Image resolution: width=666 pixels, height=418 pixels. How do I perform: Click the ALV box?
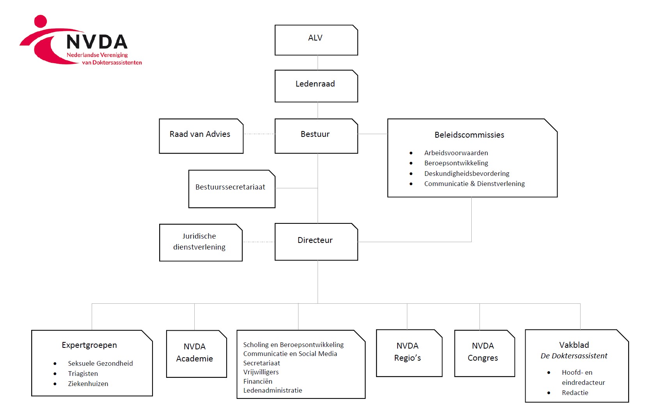click(x=316, y=40)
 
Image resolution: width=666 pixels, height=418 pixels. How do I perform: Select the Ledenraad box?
click(x=316, y=86)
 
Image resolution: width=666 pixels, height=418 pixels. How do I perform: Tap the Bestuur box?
click(x=316, y=136)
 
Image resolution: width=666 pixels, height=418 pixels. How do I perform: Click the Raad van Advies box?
click(x=201, y=136)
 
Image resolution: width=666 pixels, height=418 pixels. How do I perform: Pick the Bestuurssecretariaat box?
click(x=231, y=189)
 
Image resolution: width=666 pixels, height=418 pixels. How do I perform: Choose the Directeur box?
click(x=316, y=241)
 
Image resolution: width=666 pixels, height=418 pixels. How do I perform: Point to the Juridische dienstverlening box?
click(x=201, y=242)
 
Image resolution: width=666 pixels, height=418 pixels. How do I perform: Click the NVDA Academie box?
click(x=196, y=353)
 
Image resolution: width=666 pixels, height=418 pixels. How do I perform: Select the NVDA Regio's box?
click(x=409, y=352)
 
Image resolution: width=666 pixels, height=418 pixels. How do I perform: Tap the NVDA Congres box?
click(x=484, y=352)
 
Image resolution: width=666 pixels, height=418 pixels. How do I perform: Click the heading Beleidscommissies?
click(x=469, y=135)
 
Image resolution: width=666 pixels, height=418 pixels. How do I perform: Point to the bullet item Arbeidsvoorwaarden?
click(x=456, y=153)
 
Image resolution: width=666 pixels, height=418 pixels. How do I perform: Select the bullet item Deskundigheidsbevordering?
click(x=467, y=174)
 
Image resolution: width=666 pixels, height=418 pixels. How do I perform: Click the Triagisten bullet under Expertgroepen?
click(x=83, y=374)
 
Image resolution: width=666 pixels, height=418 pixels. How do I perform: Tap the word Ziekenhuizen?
click(x=88, y=384)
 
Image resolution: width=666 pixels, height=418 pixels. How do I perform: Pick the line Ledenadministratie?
click(x=273, y=390)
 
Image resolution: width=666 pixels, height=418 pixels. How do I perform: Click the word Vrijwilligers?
click(x=261, y=372)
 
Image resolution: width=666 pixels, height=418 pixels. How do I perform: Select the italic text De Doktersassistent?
click(x=574, y=356)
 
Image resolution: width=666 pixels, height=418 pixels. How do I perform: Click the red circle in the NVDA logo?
click(x=41, y=21)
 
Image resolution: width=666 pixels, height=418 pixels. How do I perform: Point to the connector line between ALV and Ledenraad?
click(x=318, y=63)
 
